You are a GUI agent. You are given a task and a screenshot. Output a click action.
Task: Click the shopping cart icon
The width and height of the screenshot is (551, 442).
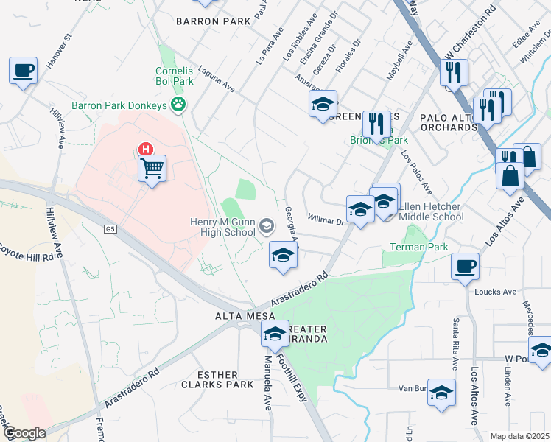pyautogui.click(x=152, y=169)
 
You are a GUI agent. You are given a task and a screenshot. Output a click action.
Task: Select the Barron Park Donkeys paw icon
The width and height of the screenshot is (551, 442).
pyautogui.click(x=178, y=105)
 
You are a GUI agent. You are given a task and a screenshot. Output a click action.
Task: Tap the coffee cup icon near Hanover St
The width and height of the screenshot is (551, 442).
pyautogui.click(x=24, y=71)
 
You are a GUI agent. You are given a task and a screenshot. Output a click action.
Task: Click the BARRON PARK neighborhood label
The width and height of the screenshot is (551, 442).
pyautogui.click(x=208, y=21)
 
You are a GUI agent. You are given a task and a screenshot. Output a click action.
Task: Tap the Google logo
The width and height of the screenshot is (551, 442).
pyautogui.click(x=25, y=432)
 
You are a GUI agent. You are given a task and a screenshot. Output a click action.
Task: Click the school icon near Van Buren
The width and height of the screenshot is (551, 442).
pyautogui.click(x=441, y=393)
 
